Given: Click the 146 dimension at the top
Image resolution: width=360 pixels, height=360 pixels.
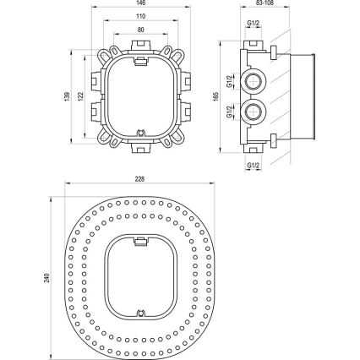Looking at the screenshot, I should [140, 3].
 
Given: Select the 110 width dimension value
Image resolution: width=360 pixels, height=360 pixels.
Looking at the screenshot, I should [140, 16].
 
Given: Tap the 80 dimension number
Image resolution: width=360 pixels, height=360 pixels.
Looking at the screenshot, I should [140, 29].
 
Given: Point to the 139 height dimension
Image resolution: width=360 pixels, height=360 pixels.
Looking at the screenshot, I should [67, 96].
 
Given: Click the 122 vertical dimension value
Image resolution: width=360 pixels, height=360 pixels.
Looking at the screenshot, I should [81, 96].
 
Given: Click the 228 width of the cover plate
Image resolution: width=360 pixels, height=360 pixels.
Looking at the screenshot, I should [140, 179].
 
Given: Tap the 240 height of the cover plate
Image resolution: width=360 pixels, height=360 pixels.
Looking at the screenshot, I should [48, 277].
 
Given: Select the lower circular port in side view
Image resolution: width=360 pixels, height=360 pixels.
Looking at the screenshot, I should [254, 112].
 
